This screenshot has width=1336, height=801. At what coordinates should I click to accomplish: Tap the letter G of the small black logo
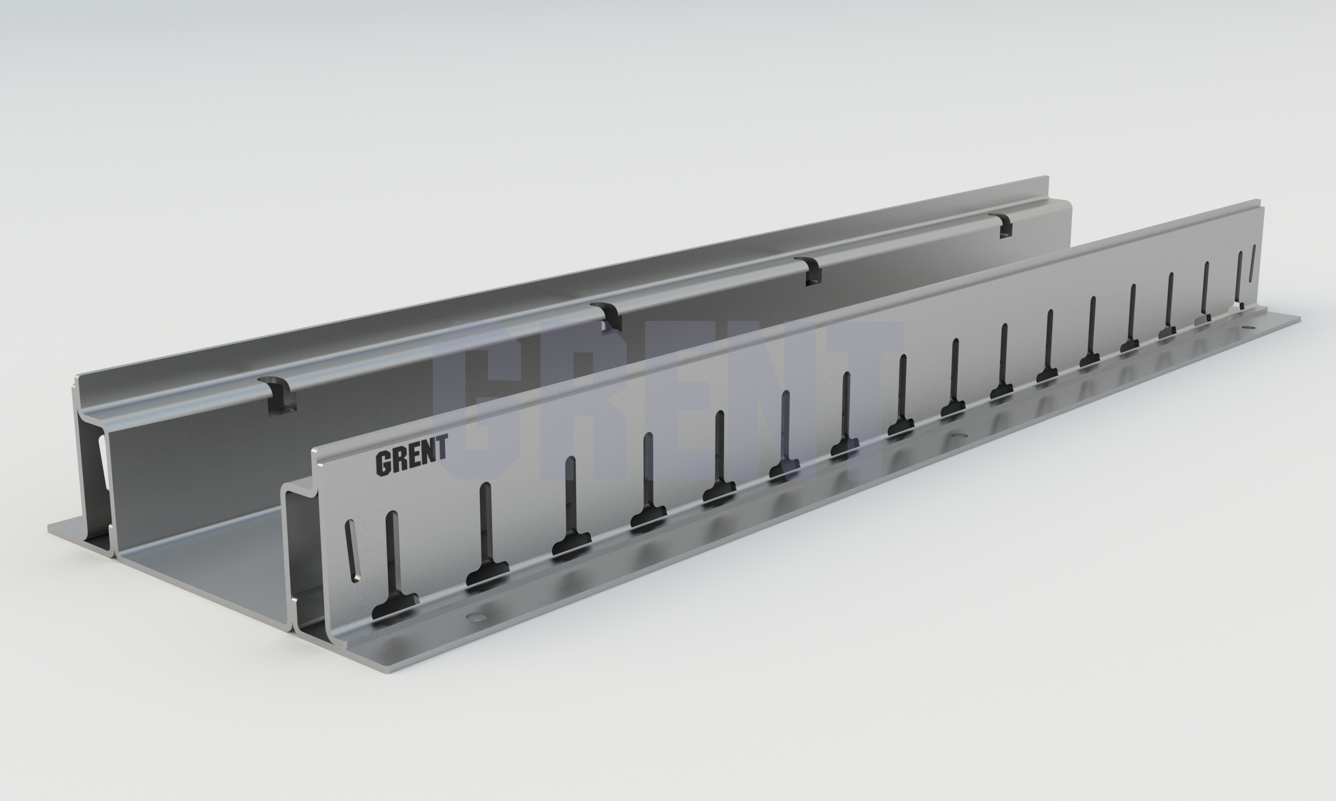383,464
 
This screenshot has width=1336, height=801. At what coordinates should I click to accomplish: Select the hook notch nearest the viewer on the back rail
278,393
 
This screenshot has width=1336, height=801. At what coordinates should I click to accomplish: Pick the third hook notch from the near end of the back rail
809,270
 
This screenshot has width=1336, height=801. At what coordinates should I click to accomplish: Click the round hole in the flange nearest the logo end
477,616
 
